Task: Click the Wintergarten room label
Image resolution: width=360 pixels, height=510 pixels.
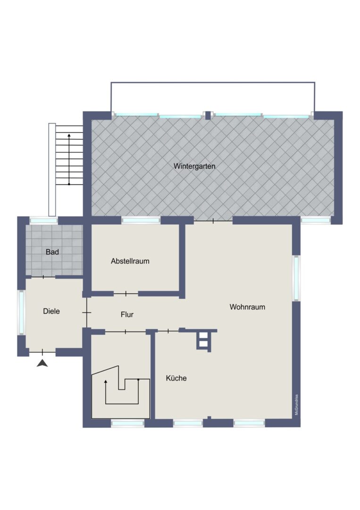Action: click(x=194, y=166)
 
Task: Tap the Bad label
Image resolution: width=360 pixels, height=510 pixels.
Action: click(x=52, y=252)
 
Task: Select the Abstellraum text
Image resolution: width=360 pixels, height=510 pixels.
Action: click(x=130, y=261)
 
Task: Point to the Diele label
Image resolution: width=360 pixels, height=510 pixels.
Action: click(x=51, y=311)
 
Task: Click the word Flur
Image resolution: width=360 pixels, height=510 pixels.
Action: click(x=127, y=314)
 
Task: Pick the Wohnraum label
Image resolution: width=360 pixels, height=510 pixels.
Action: click(x=247, y=307)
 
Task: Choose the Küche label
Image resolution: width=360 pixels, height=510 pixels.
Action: click(x=176, y=378)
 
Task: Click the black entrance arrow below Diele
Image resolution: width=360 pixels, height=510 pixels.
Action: click(x=42, y=363)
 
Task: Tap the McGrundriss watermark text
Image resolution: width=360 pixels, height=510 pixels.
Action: click(x=296, y=405)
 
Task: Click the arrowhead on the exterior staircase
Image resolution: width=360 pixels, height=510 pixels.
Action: click(x=69, y=135)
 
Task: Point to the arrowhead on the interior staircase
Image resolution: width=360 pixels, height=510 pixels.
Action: click(x=106, y=382)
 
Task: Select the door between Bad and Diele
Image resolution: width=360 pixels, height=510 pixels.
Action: click(x=43, y=277)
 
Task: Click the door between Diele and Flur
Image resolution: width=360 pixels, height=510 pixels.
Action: click(x=87, y=313)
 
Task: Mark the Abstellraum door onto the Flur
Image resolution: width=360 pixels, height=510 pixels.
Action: click(x=126, y=294)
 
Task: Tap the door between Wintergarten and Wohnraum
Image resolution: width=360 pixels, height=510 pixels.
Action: click(x=213, y=221)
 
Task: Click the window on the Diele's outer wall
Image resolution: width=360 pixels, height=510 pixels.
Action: click(x=21, y=312)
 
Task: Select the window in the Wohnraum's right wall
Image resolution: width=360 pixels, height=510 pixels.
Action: click(x=296, y=278)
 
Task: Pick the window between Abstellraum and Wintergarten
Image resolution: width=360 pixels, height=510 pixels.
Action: click(x=141, y=221)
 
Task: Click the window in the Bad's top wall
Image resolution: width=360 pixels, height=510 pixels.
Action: click(x=43, y=221)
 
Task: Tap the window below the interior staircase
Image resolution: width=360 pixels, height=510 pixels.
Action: click(x=127, y=423)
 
